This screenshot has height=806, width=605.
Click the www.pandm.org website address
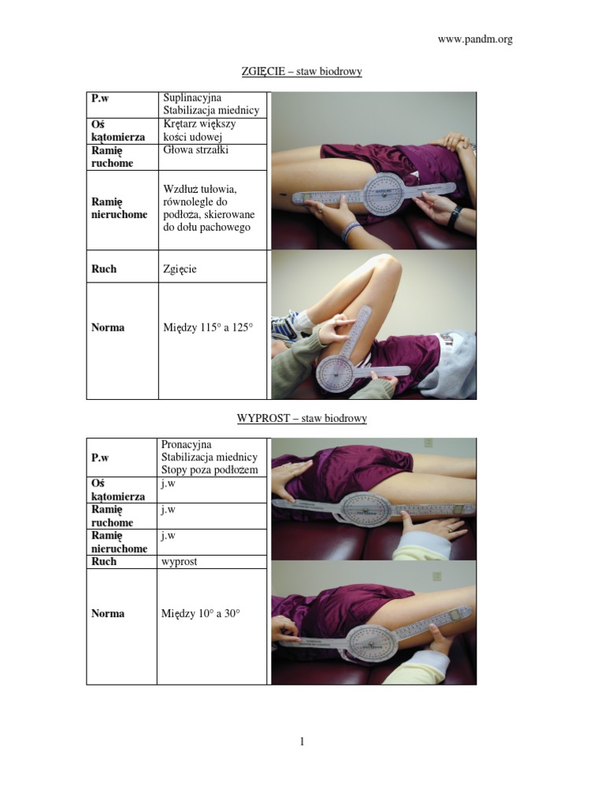[475, 39]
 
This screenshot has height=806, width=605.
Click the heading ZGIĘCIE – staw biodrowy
[302, 72]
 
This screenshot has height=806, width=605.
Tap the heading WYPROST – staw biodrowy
[302, 419]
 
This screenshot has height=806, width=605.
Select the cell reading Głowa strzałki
[213, 157]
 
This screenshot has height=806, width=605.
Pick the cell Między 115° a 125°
[213, 341]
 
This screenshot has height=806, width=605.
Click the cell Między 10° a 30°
[211, 626]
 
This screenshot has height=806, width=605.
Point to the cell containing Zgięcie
[213, 266]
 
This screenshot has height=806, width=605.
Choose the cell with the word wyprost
[211, 562]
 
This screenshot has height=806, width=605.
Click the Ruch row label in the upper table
[104, 269]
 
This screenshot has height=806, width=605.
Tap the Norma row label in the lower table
[108, 613]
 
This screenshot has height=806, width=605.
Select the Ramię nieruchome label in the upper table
[120, 208]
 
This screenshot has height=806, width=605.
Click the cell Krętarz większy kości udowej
[213, 131]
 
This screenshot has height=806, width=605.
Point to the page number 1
[302, 741]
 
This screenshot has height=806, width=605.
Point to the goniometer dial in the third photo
[367, 509]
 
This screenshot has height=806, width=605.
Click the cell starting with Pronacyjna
[211, 457]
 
